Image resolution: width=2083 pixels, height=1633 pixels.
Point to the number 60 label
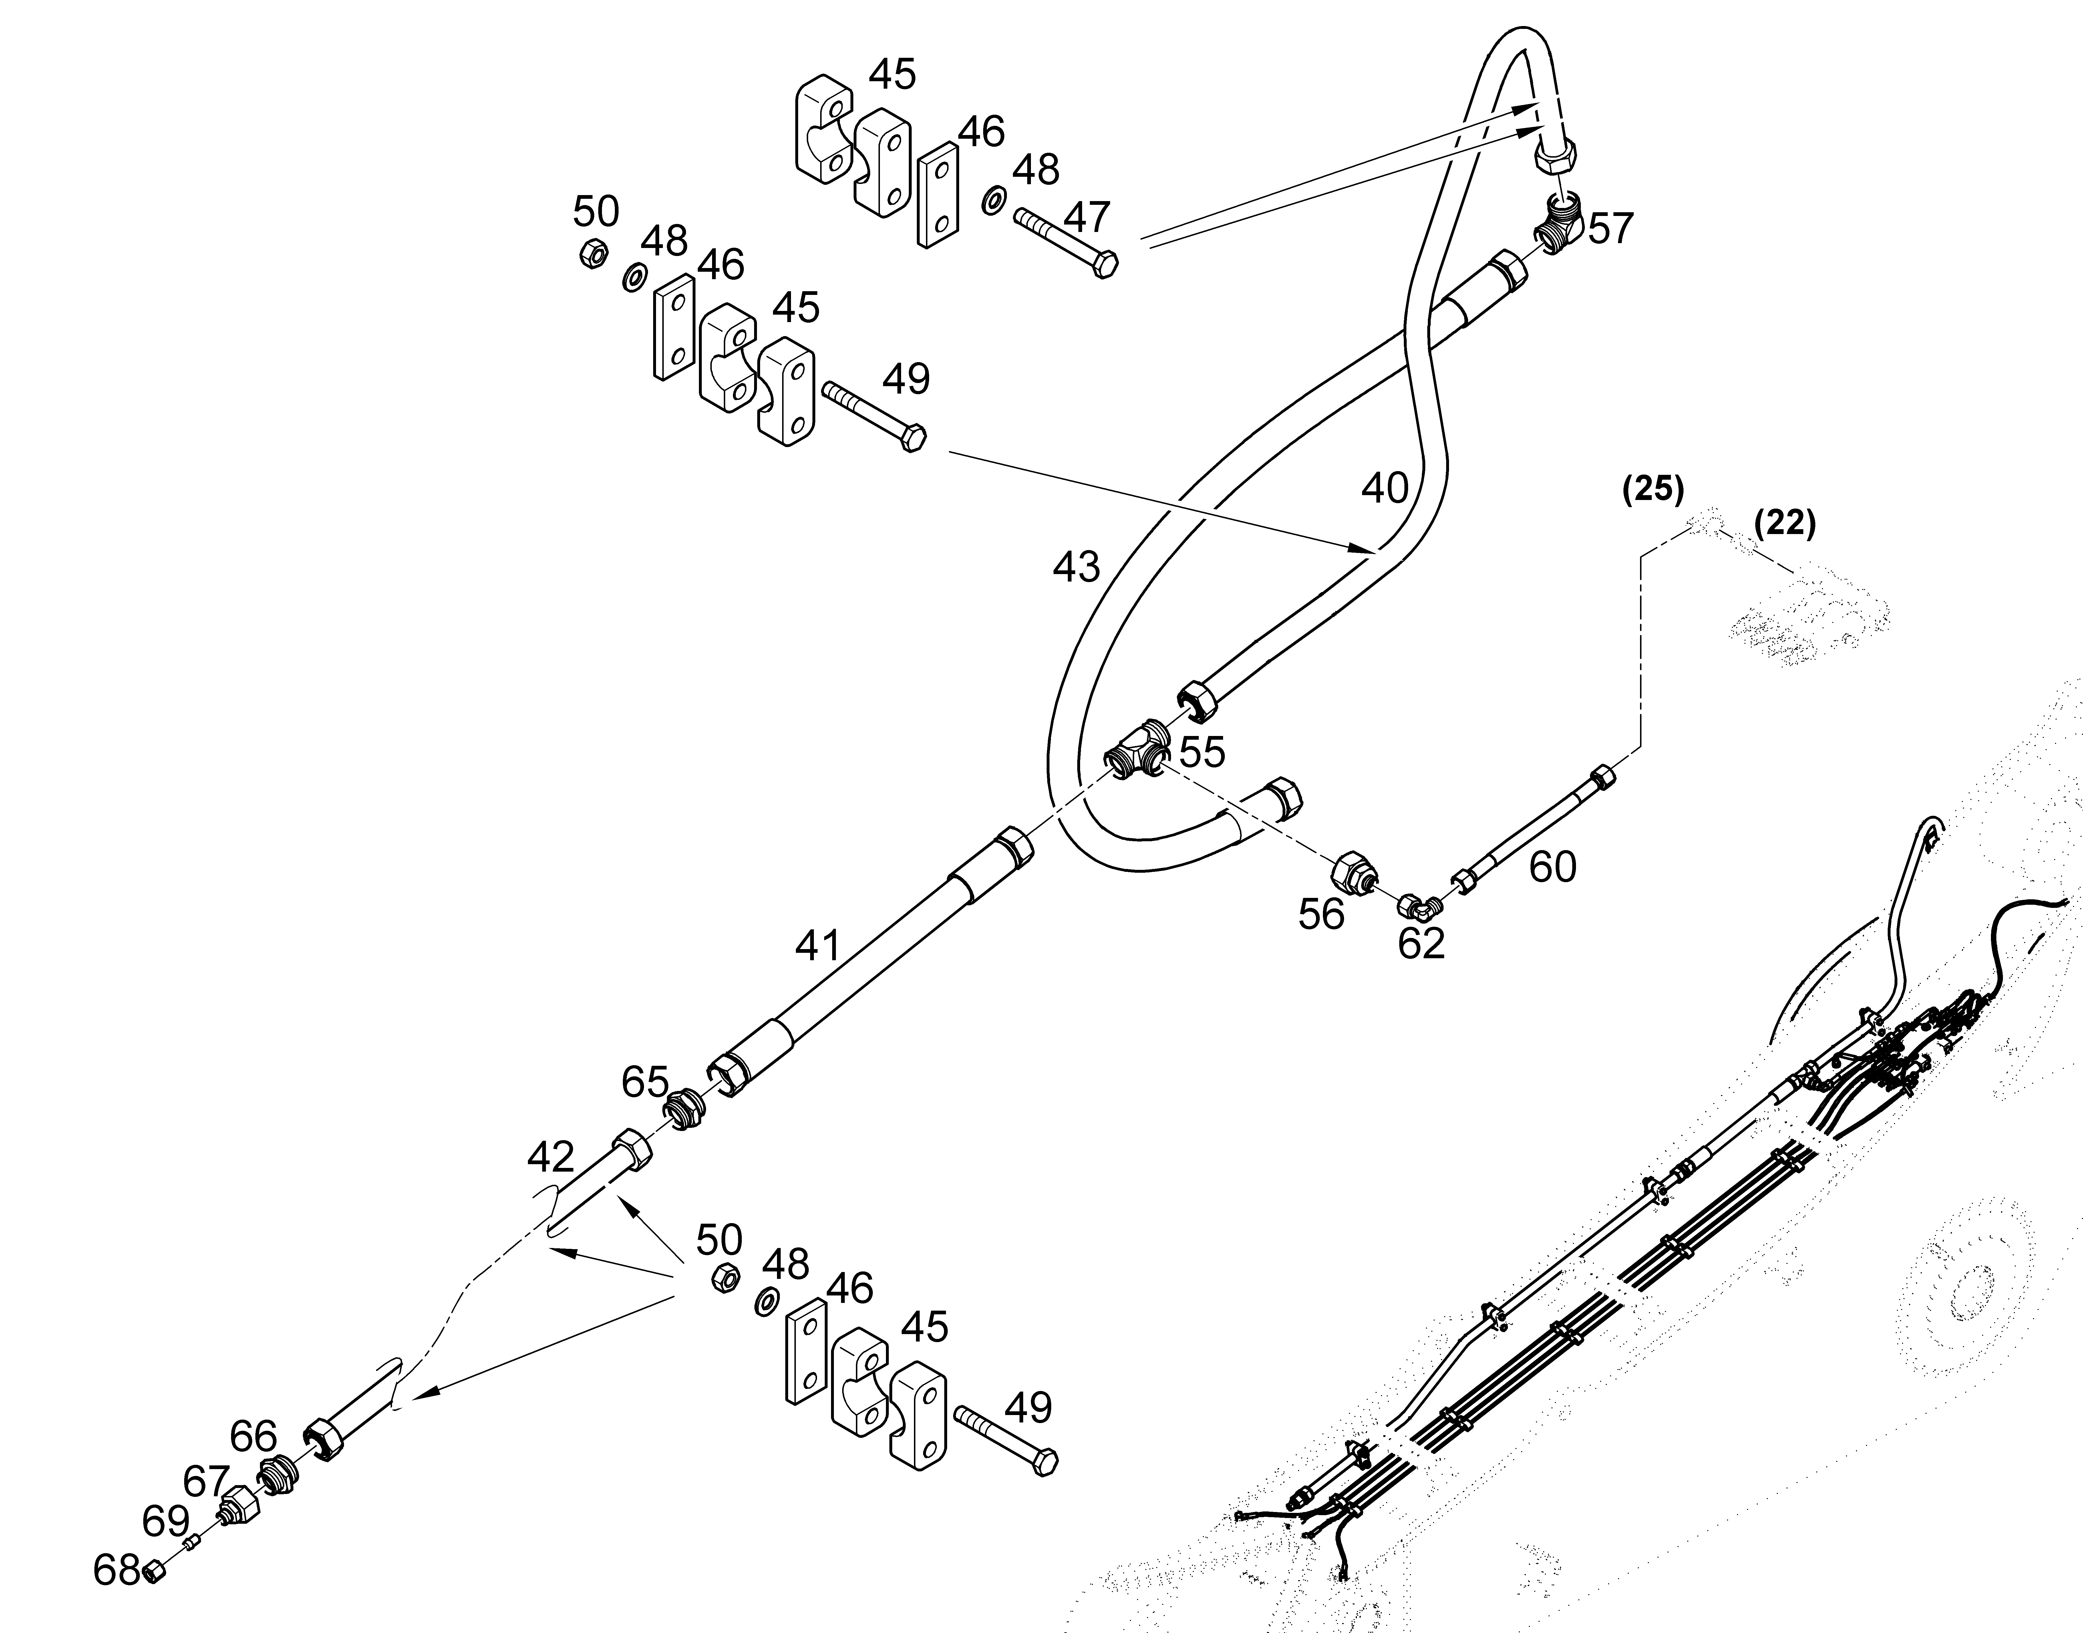coord(1553,867)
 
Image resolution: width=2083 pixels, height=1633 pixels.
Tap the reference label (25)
coord(1653,489)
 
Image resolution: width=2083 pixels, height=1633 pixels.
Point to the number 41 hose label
coord(817,946)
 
